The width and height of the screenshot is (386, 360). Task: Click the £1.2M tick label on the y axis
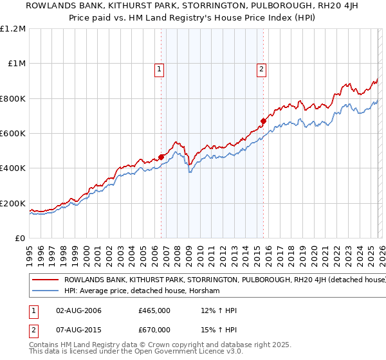tap(13, 29)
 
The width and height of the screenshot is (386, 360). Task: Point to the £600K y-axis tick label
tap(13, 134)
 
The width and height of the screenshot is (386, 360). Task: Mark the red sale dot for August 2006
tap(161, 156)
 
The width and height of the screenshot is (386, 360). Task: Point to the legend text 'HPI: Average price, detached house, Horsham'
tap(142, 291)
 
